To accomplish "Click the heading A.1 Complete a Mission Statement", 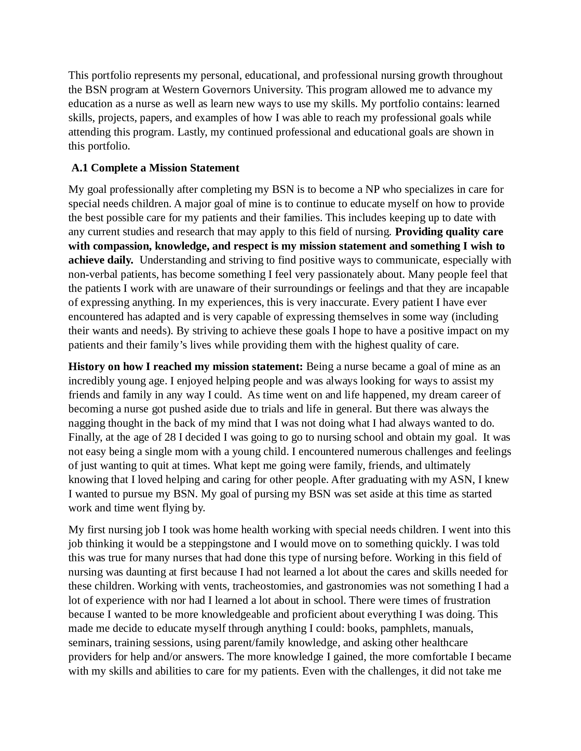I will pos(155,168).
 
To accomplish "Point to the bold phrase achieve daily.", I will pos(101,260).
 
